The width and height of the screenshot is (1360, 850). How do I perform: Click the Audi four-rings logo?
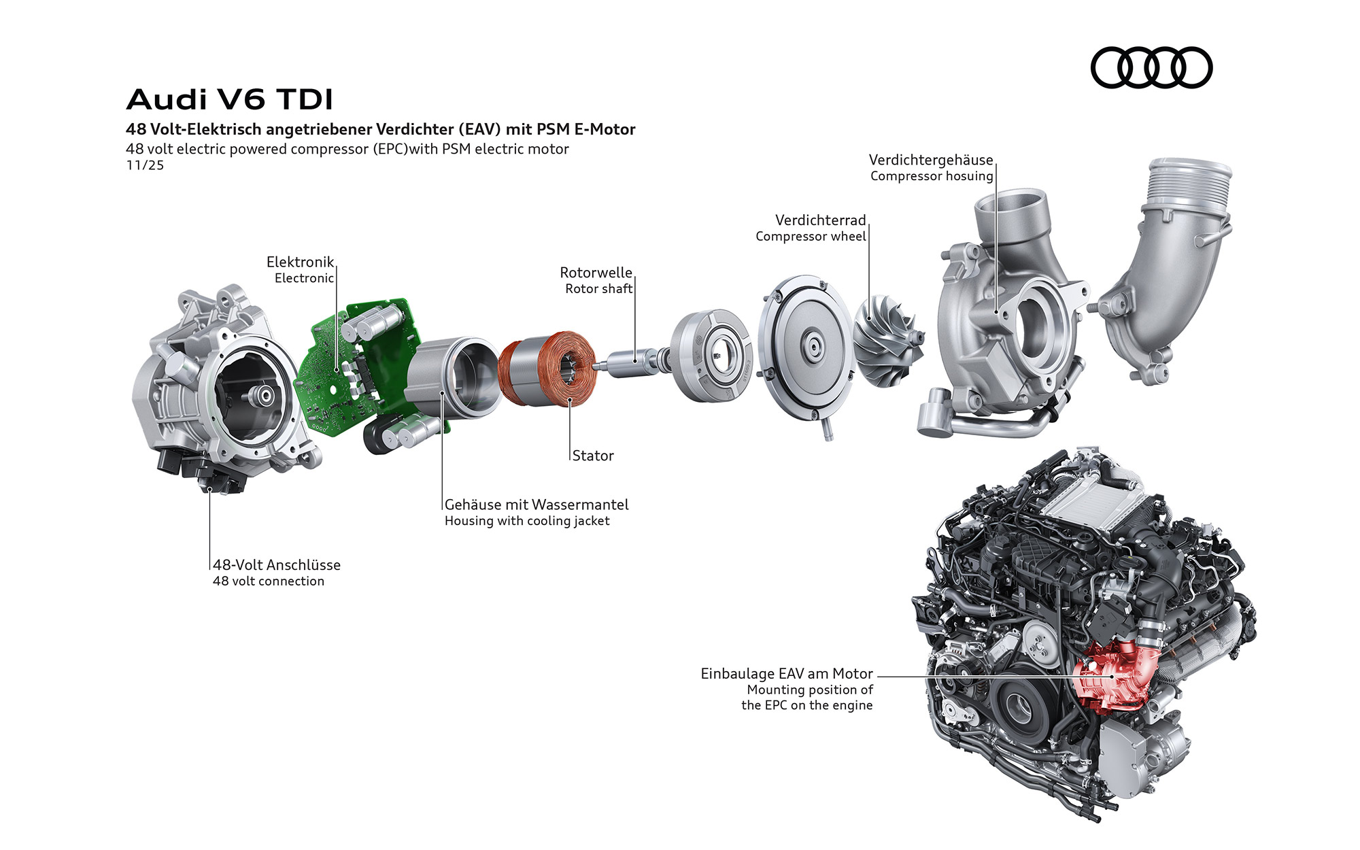[x=1151, y=67]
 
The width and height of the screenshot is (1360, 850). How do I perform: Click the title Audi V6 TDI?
[x=230, y=99]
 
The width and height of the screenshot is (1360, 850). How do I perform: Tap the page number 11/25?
[x=145, y=165]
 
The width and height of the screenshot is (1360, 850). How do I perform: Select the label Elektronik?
[x=300, y=262]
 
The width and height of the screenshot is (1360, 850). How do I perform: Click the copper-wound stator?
[x=547, y=369]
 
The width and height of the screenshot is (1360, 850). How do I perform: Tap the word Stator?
[x=593, y=456]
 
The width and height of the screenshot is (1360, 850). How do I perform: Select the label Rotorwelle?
[x=596, y=273]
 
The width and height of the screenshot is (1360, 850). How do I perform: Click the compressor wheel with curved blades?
[x=887, y=340]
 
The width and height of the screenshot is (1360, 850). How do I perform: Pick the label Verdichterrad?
[x=821, y=220]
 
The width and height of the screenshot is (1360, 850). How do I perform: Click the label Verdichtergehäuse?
[x=931, y=160]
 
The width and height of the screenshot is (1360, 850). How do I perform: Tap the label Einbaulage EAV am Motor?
[x=787, y=674]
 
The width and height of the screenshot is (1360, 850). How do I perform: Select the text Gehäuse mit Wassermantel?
[x=537, y=505]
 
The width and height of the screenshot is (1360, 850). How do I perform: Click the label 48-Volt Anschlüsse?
[x=277, y=565]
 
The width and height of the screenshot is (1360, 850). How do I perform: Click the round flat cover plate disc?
[x=806, y=350]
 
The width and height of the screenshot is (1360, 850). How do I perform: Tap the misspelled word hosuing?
[x=968, y=176]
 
